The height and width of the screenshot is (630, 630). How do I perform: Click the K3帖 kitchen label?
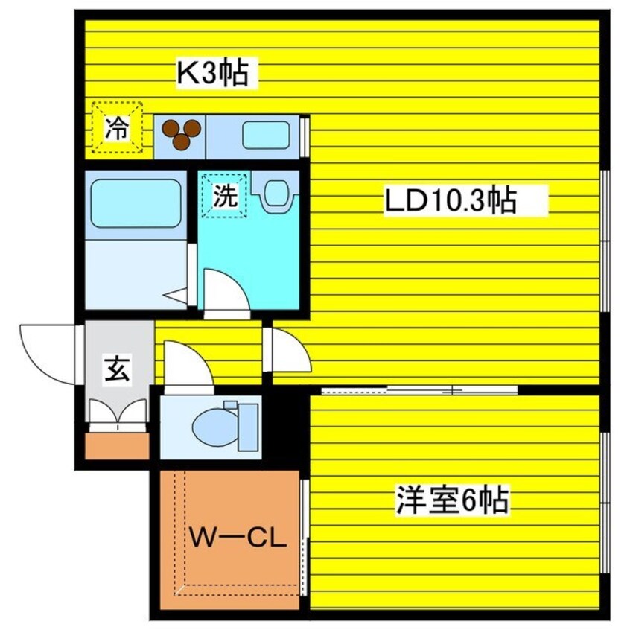tap(211, 74)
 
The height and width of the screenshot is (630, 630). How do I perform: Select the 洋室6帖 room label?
tap(452, 500)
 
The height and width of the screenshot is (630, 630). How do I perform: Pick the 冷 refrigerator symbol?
tap(116, 129)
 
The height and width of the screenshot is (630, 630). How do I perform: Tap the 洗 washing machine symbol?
tap(226, 195)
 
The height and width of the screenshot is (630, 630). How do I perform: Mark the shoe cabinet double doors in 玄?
tap(118, 413)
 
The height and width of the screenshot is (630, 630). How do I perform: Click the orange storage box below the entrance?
tap(118, 445)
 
